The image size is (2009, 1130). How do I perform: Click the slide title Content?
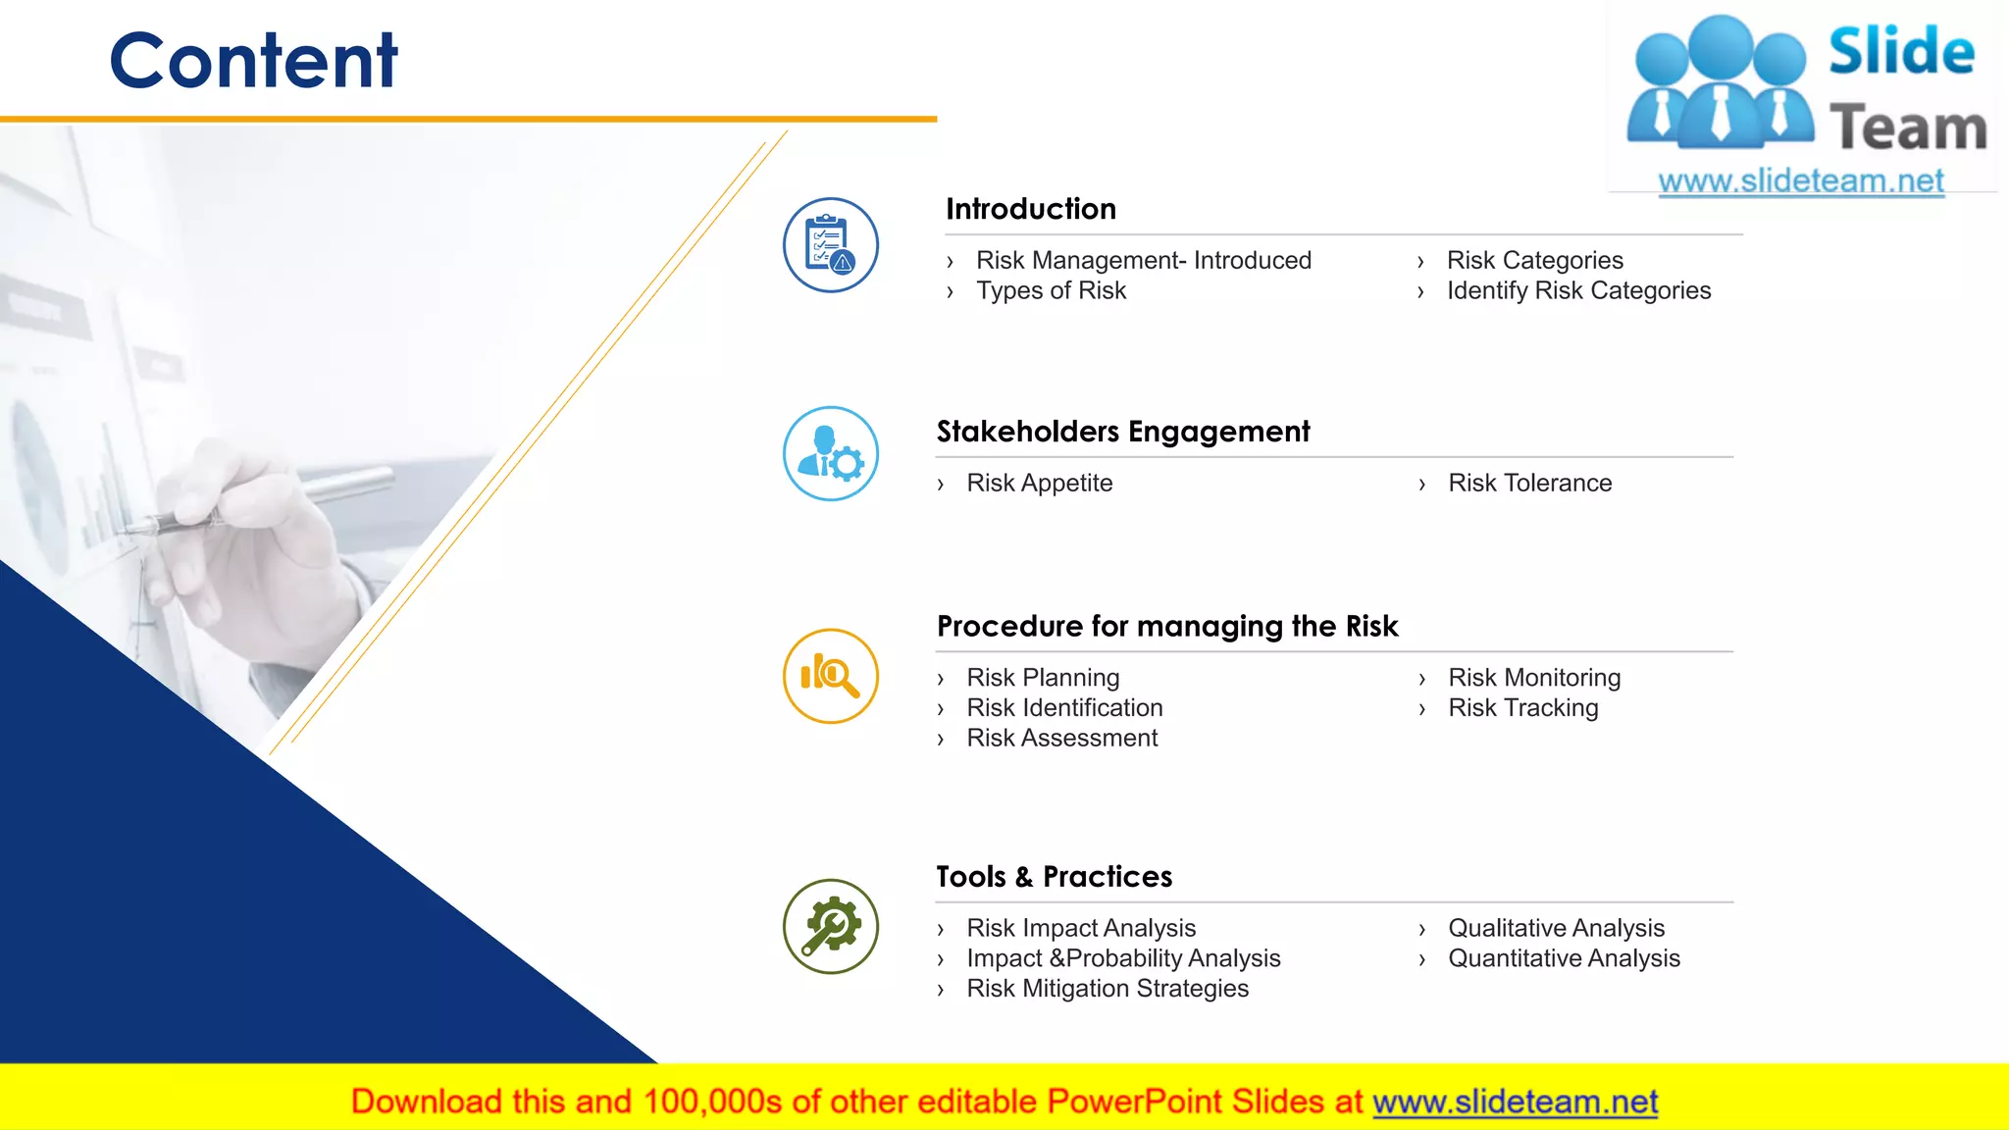(253, 61)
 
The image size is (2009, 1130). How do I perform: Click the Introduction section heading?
(1030, 209)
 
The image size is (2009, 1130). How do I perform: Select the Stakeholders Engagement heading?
(1122, 432)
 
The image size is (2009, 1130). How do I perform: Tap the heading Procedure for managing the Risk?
(1166, 626)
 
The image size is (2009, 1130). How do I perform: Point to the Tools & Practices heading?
(1054, 876)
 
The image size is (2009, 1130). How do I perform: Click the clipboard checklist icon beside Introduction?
(830, 245)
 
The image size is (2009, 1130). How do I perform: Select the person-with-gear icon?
(830, 454)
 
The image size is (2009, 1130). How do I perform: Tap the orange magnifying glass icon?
(830, 677)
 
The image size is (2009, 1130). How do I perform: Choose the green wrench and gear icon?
(830, 927)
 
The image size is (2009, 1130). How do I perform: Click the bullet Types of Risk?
(1051, 290)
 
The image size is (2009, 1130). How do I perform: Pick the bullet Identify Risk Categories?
(1577, 290)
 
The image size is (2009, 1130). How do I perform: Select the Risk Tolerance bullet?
(1529, 483)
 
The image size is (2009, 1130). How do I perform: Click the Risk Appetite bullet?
(1039, 483)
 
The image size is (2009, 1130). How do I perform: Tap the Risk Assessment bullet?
(1061, 738)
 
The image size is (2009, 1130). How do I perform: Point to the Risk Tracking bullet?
(1522, 707)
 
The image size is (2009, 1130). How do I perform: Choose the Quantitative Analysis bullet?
(1564, 957)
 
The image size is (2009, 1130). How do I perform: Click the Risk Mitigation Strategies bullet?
(1107, 988)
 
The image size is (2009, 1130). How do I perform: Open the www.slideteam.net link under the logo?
(1800, 180)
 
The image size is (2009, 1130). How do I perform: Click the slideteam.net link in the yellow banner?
(1515, 1102)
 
